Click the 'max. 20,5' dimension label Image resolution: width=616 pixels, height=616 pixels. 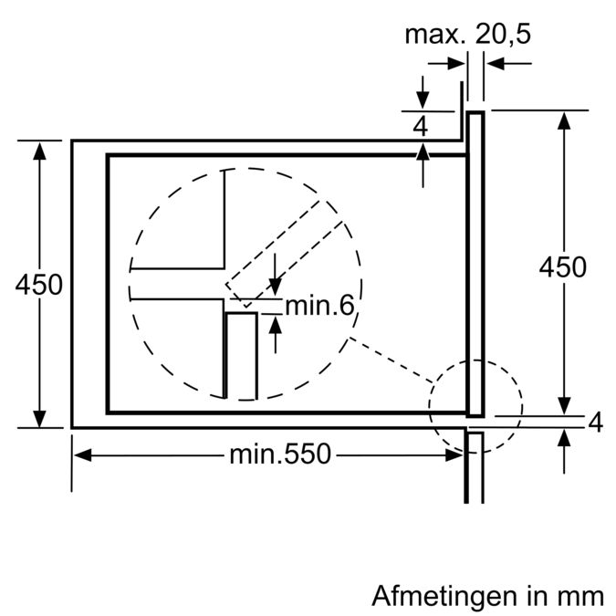[467, 34]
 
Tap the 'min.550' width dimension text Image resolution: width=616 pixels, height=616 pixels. [280, 454]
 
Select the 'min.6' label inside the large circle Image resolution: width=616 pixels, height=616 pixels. [319, 306]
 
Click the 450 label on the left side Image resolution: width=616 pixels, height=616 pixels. [39, 285]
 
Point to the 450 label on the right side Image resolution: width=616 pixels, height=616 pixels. [562, 267]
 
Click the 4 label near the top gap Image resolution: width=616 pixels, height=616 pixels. [421, 127]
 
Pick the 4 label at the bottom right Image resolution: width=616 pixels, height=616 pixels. [596, 423]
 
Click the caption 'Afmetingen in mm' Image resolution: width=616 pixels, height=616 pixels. [487, 596]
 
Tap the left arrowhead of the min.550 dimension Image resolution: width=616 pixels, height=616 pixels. [82, 455]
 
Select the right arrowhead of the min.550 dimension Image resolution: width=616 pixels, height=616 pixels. [454, 455]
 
